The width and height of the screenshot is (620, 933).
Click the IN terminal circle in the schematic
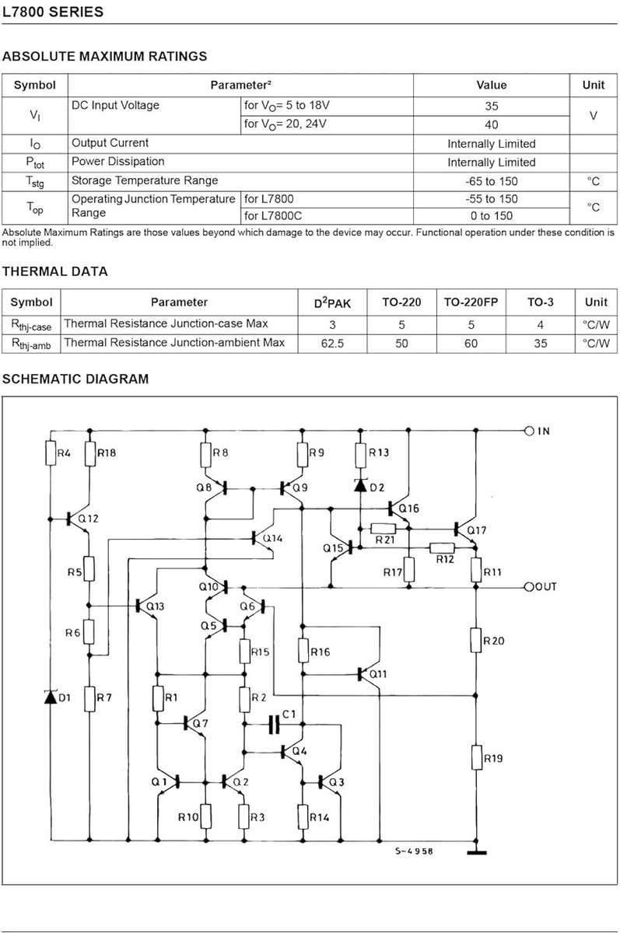(529, 431)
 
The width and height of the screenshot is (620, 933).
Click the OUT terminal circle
(529, 587)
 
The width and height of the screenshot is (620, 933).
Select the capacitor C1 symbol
(273, 725)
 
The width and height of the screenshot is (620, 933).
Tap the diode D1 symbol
(51, 697)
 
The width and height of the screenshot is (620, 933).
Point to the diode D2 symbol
(360, 485)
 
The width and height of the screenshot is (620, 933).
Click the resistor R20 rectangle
(476, 640)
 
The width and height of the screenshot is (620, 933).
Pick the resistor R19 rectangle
(477, 757)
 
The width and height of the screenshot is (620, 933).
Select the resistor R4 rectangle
(51, 453)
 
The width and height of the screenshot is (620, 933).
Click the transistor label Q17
(477, 530)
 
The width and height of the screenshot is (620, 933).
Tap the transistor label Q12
(89, 519)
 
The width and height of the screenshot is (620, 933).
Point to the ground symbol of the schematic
(477, 853)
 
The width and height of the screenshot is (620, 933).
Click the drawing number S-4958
(414, 851)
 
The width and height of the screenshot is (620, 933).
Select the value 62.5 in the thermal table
(332, 344)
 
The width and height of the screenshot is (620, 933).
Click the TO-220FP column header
(471, 302)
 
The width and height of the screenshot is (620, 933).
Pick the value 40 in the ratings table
(491, 124)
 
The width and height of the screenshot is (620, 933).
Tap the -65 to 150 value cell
(491, 181)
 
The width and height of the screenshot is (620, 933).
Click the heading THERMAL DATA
(55, 271)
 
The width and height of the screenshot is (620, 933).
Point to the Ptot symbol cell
(35, 162)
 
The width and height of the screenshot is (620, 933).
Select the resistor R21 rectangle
(383, 529)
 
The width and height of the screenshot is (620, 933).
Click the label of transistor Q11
(378, 674)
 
